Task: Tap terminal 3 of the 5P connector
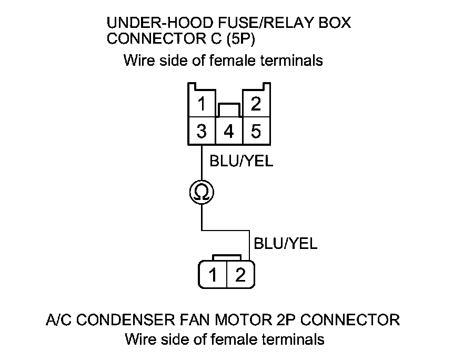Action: coord(202,131)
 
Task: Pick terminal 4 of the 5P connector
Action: coord(229,131)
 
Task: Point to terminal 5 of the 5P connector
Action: coord(256,131)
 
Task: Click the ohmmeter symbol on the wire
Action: coord(202,193)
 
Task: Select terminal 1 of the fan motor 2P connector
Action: coord(213,275)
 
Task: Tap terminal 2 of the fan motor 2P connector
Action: coord(240,275)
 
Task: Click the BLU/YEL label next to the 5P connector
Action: coord(241,162)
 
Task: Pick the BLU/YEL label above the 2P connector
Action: coord(286,244)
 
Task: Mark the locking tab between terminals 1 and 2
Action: coord(229,110)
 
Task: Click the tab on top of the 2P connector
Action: coord(227,258)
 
